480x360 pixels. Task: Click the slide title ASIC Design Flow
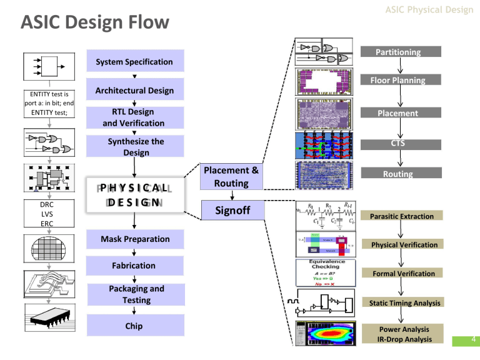point(95,23)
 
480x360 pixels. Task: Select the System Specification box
point(134,62)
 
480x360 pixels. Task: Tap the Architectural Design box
point(134,91)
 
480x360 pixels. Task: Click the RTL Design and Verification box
point(134,117)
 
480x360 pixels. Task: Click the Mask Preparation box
point(134,239)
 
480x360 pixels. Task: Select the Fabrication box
point(134,266)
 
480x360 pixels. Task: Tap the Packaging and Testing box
point(134,294)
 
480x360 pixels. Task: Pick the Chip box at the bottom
point(134,326)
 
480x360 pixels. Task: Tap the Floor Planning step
point(397,80)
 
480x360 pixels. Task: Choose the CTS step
point(397,144)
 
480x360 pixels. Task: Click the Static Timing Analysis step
point(400,302)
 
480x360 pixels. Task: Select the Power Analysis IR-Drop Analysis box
point(400,334)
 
